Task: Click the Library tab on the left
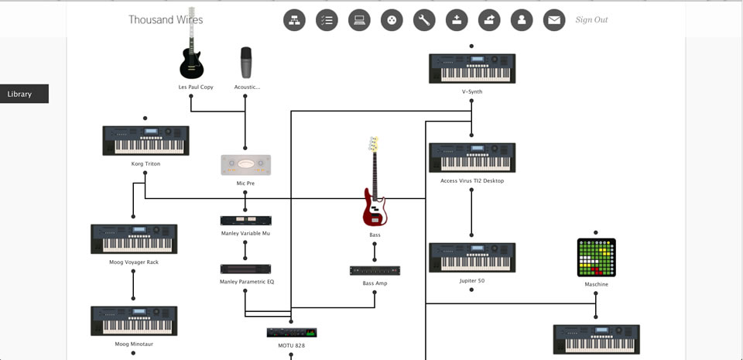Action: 24,94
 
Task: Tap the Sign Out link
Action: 591,20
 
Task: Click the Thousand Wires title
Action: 166,19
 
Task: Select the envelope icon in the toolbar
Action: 554,20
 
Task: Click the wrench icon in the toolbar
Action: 424,20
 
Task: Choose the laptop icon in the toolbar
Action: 359,20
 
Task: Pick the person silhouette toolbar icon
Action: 522,20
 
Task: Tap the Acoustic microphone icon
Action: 246,63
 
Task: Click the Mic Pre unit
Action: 245,165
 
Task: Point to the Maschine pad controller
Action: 596,258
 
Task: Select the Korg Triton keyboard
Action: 146,141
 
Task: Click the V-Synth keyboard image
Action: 472,69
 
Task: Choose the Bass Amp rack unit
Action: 375,271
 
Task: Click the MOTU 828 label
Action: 291,345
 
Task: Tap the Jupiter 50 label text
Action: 471,281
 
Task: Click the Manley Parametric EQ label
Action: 246,282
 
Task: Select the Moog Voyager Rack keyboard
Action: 134,239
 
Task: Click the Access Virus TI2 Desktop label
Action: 471,181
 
